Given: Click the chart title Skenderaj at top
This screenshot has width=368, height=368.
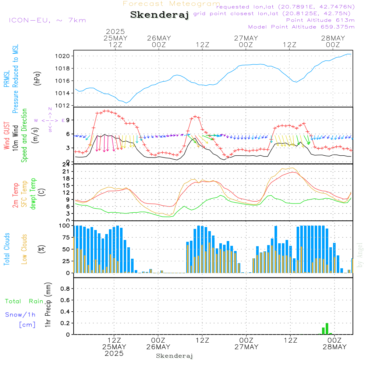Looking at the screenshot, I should pyautogui.click(x=159, y=15).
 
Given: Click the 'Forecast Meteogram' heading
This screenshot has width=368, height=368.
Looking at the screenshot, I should pyautogui.click(x=171, y=4).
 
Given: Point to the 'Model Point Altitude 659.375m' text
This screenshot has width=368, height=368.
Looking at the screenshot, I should pyautogui.click(x=301, y=27).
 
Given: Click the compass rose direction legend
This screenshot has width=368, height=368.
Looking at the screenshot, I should pyautogui.click(x=50, y=120).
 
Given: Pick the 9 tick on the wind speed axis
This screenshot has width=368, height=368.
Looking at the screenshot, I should pyautogui.click(x=68, y=120).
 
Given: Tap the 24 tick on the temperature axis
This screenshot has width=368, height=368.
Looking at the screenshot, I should pyautogui.click(x=67, y=164).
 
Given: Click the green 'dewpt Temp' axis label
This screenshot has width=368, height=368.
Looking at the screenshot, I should pyautogui.click(x=33, y=194).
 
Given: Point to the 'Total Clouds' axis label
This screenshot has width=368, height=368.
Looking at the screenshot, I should pyautogui.click(x=7, y=249).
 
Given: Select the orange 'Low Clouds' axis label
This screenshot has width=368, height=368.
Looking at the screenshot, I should pyautogui.click(x=24, y=249).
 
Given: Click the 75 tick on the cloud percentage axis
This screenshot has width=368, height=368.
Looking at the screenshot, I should pyautogui.click(x=66, y=238).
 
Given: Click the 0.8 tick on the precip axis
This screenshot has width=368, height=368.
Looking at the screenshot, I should pyautogui.click(x=65, y=289).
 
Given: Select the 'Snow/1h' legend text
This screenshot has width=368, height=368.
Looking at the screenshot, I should pyautogui.click(x=20, y=315).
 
